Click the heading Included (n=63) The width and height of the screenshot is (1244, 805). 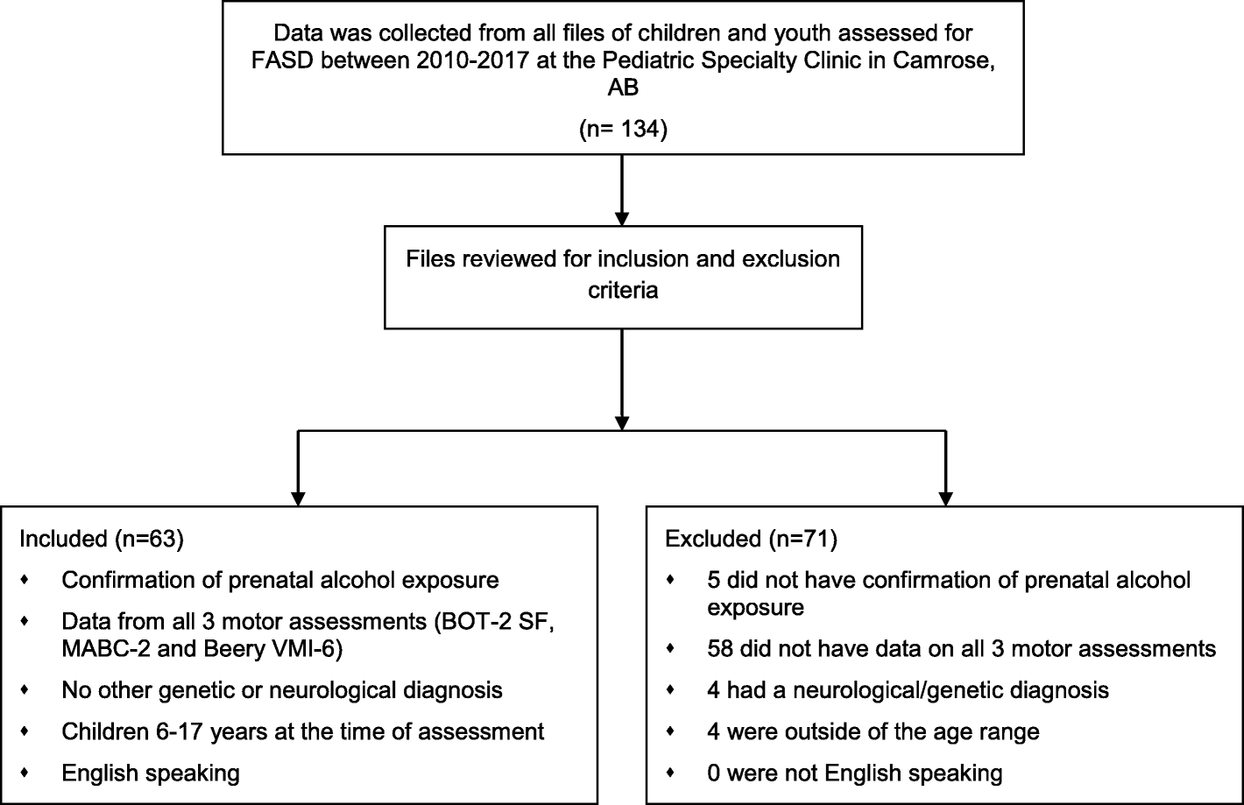click(x=101, y=539)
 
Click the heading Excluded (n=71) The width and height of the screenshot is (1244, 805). click(x=752, y=539)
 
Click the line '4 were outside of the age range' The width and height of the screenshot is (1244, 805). click(x=873, y=731)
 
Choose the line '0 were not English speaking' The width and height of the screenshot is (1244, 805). click(x=854, y=773)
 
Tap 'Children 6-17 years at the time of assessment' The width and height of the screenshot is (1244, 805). click(x=303, y=731)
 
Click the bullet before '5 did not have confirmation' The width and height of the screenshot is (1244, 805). click(x=670, y=580)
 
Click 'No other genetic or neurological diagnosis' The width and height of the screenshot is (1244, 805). click(x=282, y=690)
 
